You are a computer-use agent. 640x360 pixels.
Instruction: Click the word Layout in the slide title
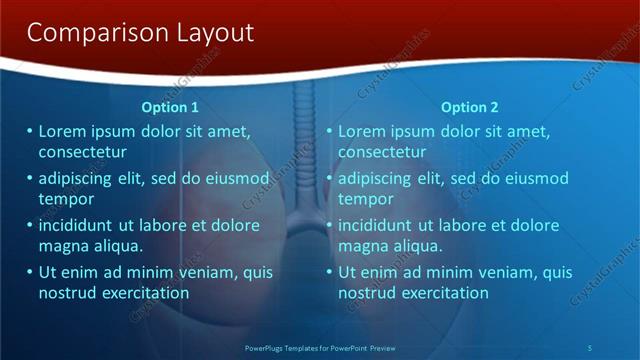pos(213,33)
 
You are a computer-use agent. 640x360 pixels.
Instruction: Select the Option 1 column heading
pos(170,107)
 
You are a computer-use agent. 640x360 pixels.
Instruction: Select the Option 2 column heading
pos(469,107)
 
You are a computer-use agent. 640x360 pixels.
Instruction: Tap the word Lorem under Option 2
pos(362,131)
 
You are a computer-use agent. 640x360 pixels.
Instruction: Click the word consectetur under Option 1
pos(82,152)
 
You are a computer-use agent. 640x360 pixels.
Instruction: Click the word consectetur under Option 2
pos(382,152)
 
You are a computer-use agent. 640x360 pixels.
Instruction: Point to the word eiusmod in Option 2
pos(532,178)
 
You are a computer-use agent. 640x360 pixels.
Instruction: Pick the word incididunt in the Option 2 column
pos(380,225)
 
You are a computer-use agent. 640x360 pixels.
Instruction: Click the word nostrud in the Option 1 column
pos(68,293)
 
